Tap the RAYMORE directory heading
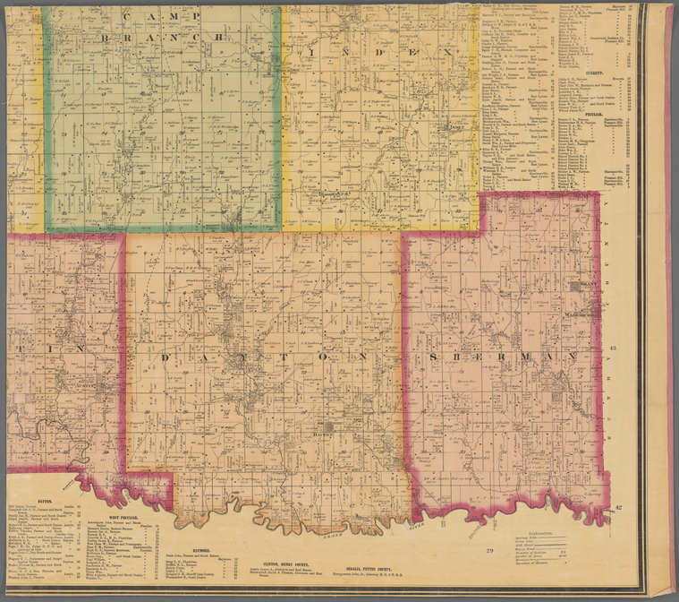click(199, 549)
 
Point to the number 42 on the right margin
click(617, 508)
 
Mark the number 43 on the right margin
click(613, 348)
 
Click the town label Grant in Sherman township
click(588, 284)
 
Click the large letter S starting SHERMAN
click(434, 357)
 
